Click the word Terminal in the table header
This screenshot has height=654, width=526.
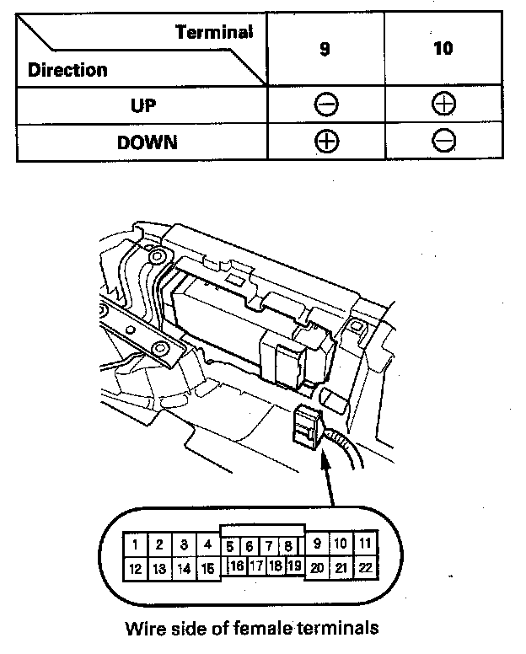coord(214,33)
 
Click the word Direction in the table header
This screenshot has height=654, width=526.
coord(67,69)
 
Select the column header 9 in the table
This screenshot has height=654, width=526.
coord(325,49)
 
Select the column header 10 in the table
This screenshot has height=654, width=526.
coord(443,48)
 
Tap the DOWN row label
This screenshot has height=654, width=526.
coord(148,141)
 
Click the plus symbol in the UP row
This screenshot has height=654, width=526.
coord(443,105)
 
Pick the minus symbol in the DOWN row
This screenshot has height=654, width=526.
coord(443,141)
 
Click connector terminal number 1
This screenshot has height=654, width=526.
coord(135,544)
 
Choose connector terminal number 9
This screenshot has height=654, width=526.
coord(317,544)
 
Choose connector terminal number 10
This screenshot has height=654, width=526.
coord(341,544)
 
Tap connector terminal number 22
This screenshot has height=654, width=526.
coord(365,568)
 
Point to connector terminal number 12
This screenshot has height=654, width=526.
coord(135,569)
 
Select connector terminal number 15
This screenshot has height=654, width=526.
coord(207,569)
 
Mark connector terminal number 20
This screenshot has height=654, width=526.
coord(317,568)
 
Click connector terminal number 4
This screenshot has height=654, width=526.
coord(207,544)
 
